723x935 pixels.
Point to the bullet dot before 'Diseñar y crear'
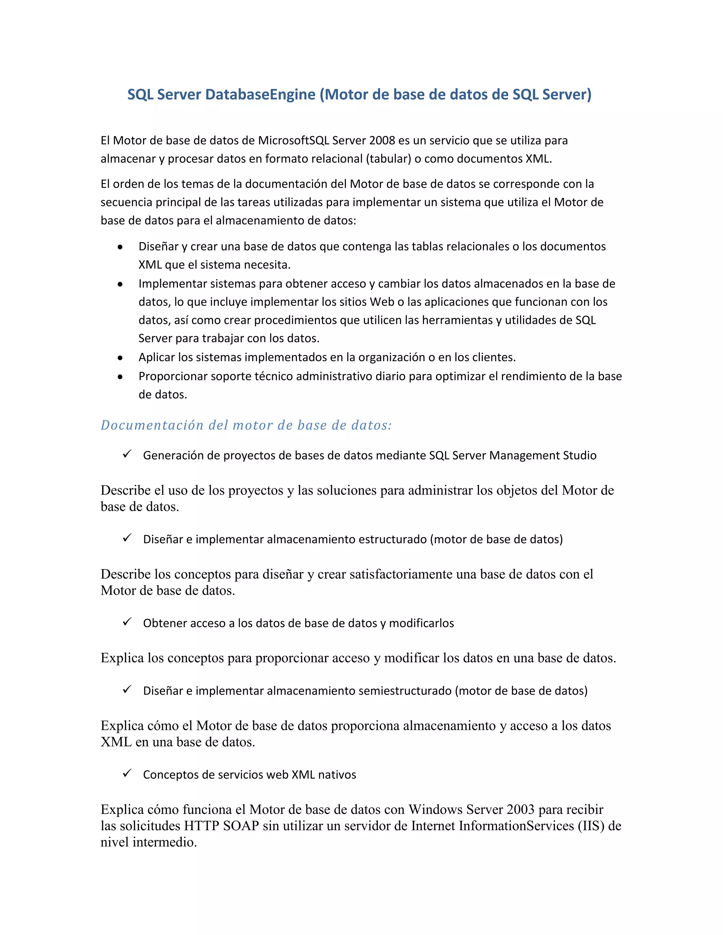tap(120, 247)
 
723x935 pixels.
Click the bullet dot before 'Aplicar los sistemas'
tap(120, 358)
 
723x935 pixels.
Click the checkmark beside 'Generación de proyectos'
tap(127, 454)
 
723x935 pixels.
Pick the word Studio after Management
tap(579, 455)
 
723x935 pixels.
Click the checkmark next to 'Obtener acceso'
tap(127, 622)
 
